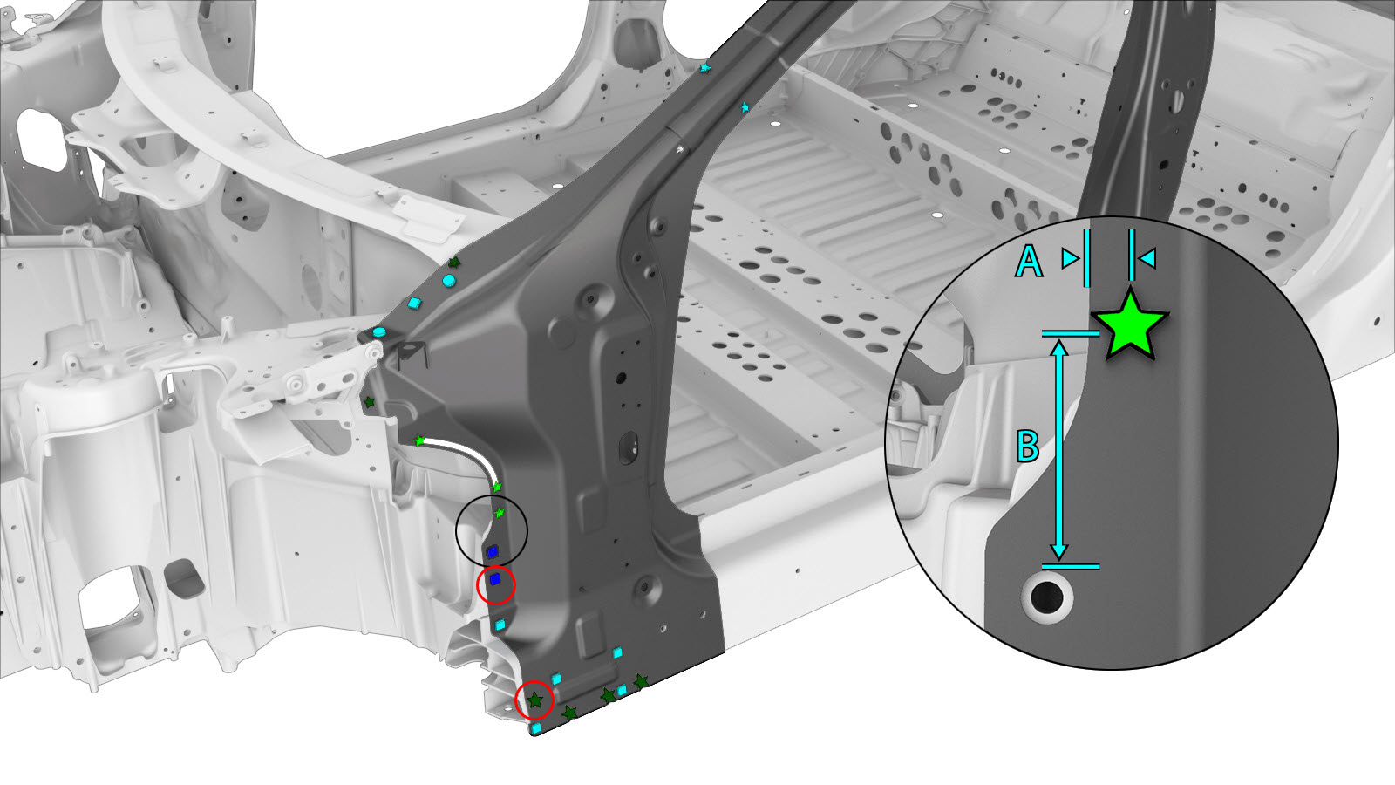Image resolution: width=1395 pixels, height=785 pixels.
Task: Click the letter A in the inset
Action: (1028, 261)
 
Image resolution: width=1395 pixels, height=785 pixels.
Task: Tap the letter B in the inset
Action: (1028, 446)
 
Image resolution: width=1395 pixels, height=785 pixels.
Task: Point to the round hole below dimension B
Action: (1047, 597)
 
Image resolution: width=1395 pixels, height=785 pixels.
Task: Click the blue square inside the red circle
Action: (495, 580)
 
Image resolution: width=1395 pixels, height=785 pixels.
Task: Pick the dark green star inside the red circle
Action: (535, 700)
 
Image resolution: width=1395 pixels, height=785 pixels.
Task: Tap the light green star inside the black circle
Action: (500, 513)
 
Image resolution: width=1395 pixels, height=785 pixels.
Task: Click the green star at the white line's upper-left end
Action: (419, 440)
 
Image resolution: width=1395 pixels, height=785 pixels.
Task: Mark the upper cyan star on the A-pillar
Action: (704, 67)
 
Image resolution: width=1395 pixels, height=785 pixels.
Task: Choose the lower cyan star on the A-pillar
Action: (745, 107)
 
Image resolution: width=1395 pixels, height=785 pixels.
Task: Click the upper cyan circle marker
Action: (449, 280)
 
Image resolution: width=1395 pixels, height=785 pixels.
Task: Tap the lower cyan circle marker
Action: (378, 332)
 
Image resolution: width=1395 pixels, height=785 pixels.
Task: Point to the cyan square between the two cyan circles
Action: (414, 304)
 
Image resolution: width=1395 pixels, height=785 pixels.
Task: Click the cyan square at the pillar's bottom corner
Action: (536, 727)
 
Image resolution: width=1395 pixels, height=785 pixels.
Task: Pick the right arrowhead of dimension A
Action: (1147, 258)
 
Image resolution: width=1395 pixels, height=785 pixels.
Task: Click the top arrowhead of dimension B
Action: (1059, 348)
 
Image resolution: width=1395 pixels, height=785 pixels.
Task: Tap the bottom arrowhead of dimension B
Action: (1059, 551)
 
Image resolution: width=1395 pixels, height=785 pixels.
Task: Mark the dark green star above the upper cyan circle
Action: (454, 263)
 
